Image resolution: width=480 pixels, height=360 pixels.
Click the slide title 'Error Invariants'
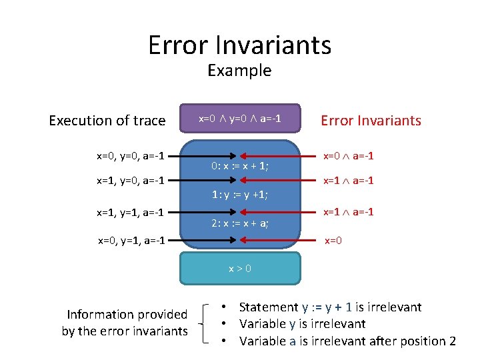(239, 45)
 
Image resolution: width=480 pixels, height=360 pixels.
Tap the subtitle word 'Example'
(239, 71)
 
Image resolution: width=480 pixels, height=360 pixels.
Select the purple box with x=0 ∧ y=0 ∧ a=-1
(240, 119)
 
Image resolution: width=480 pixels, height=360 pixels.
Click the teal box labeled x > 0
(240, 268)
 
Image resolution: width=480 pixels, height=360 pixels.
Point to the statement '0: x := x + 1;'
(240, 166)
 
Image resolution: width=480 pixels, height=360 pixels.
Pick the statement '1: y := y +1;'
(240, 195)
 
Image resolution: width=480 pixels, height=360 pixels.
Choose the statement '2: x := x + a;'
(240, 223)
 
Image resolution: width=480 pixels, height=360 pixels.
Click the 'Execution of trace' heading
(107, 121)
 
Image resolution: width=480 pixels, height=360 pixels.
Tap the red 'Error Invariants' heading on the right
(371, 121)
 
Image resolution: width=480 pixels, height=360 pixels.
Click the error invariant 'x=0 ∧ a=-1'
(348, 156)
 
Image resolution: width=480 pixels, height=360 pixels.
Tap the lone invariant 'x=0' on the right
(333, 240)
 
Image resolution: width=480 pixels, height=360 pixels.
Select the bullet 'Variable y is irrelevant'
(302, 324)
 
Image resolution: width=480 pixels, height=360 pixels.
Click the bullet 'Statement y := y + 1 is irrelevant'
(330, 307)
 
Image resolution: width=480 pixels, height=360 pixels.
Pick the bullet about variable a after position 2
(347, 341)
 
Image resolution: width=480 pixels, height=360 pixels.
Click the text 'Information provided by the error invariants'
(125, 323)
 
